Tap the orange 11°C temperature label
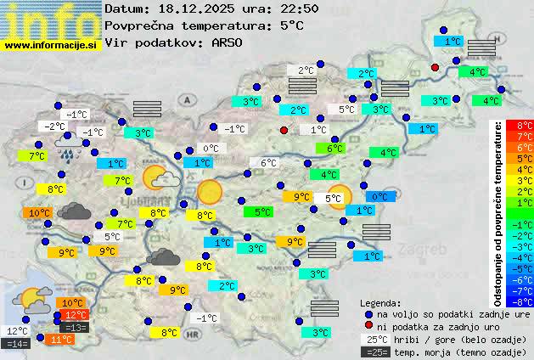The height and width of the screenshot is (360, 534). pyautogui.click(x=61, y=339)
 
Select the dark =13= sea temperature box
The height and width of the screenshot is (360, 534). pyautogui.click(x=76, y=328)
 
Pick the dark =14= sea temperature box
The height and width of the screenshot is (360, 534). pyautogui.click(x=17, y=344)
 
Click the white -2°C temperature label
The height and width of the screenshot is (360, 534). pyautogui.click(x=56, y=127)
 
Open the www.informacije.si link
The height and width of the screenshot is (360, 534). pyautogui.click(x=51, y=44)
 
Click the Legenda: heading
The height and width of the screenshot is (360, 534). pyautogui.click(x=381, y=302)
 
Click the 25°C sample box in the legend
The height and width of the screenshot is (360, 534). pyautogui.click(x=374, y=339)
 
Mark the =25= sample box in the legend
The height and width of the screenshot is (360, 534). pyautogui.click(x=374, y=352)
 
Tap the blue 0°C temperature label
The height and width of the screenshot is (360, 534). pyautogui.click(x=379, y=197)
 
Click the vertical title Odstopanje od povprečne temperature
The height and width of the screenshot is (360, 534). pyautogui.click(x=498, y=212)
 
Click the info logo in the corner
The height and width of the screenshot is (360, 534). pyautogui.click(x=51, y=19)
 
